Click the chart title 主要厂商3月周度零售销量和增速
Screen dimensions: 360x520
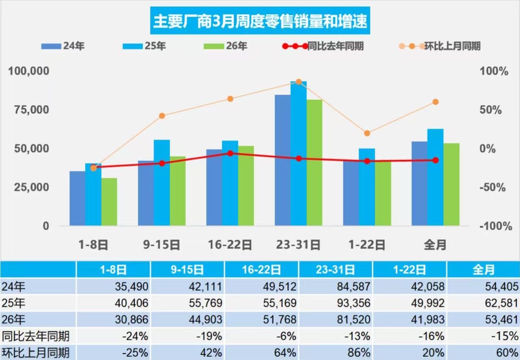coord(260,21)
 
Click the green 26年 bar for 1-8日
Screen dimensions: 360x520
coord(109,202)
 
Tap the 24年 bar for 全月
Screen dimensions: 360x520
coord(420,183)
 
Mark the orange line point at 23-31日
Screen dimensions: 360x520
coord(299,82)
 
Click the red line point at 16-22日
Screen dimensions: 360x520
coord(230,153)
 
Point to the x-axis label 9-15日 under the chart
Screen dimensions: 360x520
coord(162,245)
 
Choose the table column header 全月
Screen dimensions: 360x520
coord(483,270)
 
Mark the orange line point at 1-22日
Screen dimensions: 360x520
coord(367,133)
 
